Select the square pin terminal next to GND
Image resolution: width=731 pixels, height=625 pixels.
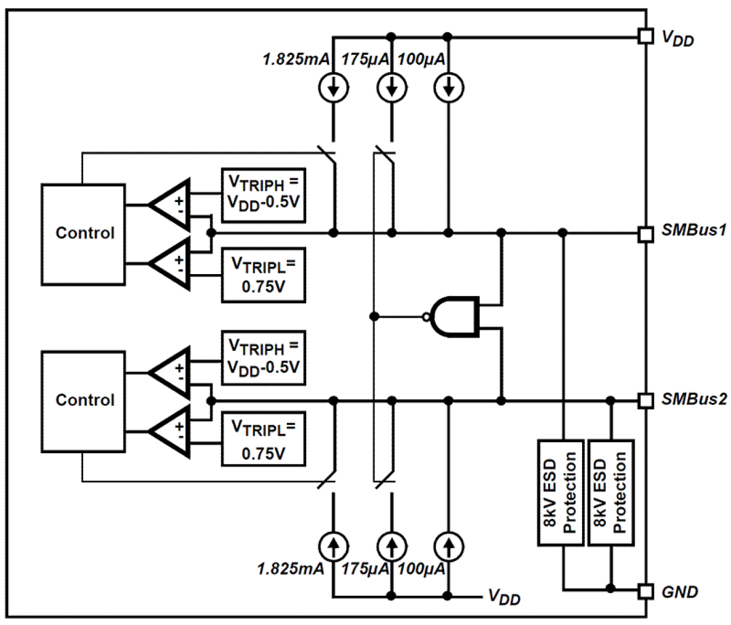tap(645, 591)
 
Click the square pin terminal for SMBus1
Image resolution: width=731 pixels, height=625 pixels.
tap(645, 233)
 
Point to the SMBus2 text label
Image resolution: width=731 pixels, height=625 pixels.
tap(694, 399)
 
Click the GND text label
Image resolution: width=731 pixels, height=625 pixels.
tap(679, 592)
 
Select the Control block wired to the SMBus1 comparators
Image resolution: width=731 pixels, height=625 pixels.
tap(83, 234)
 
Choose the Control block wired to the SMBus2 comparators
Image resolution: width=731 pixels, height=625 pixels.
tap(83, 400)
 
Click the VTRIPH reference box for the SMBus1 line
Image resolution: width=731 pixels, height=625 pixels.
tap(263, 195)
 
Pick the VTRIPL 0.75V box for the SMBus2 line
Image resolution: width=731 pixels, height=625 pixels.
tap(263, 441)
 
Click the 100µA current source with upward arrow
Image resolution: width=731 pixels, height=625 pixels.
tap(448, 546)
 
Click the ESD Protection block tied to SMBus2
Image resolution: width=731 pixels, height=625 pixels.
tap(611, 492)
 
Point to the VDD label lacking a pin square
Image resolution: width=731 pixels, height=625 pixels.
tap(504, 597)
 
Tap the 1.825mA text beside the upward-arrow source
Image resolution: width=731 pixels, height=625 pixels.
tap(290, 569)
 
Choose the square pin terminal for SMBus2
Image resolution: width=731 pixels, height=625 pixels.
tap(645, 400)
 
